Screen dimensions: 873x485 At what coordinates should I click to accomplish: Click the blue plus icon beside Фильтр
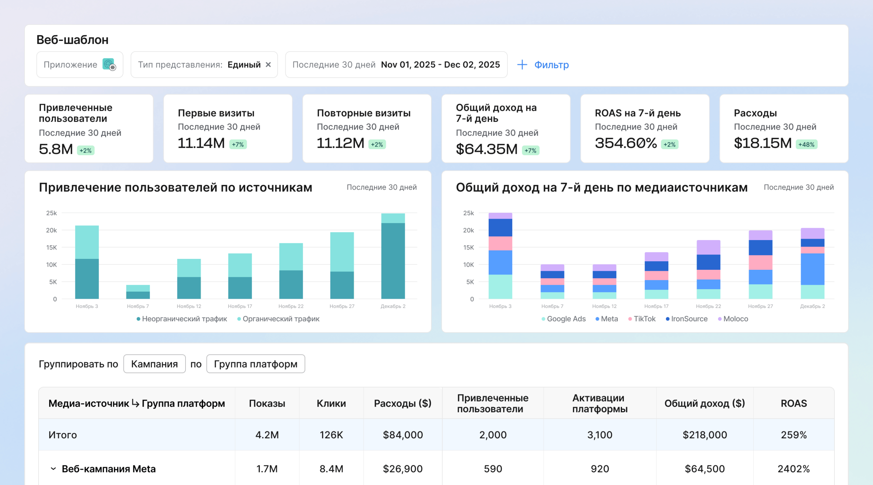pos(522,65)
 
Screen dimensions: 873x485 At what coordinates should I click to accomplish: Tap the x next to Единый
pos(268,64)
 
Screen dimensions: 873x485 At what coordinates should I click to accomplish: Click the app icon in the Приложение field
pos(109,64)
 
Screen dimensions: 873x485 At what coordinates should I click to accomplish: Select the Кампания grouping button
pos(154,364)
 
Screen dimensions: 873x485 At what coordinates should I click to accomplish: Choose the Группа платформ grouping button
pos(256,364)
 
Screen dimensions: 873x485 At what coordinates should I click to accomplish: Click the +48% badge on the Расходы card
pos(807,145)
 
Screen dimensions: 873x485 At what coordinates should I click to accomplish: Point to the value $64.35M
pos(487,149)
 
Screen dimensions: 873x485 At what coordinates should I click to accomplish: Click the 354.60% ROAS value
pos(626,143)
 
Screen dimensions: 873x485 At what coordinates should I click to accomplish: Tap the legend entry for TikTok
pos(642,319)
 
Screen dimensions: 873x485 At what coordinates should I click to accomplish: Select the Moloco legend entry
pos(733,319)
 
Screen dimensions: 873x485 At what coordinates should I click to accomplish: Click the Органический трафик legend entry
pos(278,319)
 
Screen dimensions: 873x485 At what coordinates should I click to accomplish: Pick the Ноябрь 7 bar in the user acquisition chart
pos(138,292)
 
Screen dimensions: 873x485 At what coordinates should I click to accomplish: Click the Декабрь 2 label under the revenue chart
pos(813,306)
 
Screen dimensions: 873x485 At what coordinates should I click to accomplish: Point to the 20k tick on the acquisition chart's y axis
pos(51,230)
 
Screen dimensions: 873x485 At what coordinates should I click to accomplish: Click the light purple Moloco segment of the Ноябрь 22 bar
pos(709,247)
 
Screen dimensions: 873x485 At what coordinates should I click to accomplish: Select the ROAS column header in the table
pos(794,403)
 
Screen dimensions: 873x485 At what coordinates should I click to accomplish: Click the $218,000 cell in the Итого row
pos(705,435)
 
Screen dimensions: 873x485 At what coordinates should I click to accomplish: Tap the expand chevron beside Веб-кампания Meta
pos(53,469)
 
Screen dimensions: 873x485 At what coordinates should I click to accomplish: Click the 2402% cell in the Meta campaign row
pos(794,469)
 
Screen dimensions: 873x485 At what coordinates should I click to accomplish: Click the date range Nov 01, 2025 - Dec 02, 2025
pos(441,65)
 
